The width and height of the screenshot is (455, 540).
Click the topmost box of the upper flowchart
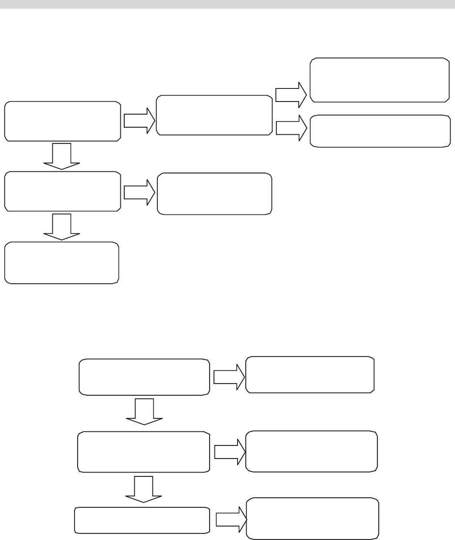[x=379, y=80]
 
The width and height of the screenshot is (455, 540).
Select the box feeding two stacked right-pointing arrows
[x=214, y=115]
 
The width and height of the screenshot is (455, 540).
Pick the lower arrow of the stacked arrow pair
[x=291, y=128]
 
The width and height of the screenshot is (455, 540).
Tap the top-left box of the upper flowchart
[x=62, y=121]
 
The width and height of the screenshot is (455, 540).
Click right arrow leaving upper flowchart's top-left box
[x=139, y=121]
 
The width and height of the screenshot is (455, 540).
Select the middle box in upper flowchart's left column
[x=62, y=191]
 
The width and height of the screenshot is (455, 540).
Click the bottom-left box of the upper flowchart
[x=61, y=263]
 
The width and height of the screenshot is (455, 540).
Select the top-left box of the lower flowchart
[x=143, y=377]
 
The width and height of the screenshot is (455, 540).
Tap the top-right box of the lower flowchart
[x=310, y=375]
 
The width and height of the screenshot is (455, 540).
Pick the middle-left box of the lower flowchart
[x=143, y=452]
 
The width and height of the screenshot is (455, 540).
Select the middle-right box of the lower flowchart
[x=311, y=452]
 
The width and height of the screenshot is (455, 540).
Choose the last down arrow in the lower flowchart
[x=144, y=489]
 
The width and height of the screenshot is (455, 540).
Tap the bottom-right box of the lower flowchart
[x=312, y=519]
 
